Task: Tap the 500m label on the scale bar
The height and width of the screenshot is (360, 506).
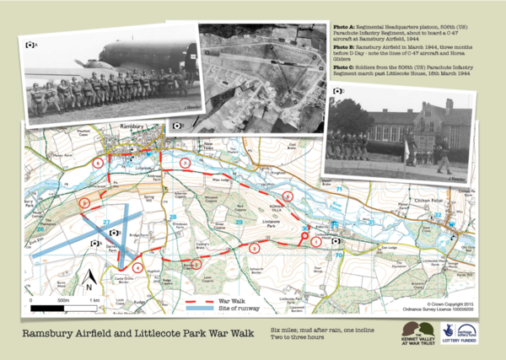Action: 62,300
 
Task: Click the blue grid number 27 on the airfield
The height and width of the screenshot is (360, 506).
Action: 107,222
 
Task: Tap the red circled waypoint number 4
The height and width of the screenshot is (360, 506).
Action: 137,267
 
